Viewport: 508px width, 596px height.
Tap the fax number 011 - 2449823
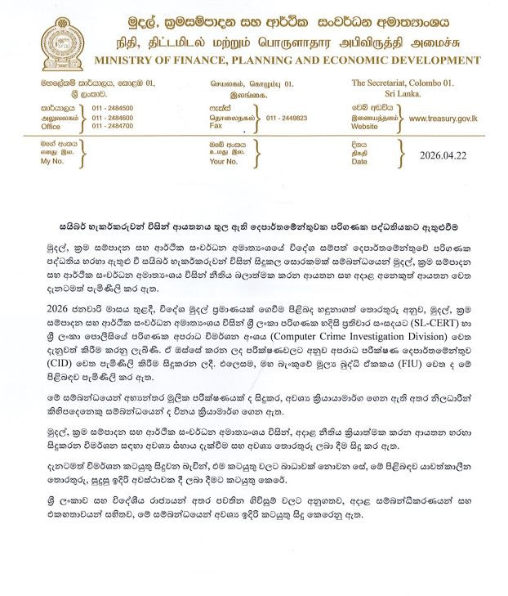286,118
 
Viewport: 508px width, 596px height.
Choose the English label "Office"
51,127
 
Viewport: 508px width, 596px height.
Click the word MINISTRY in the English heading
123,61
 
